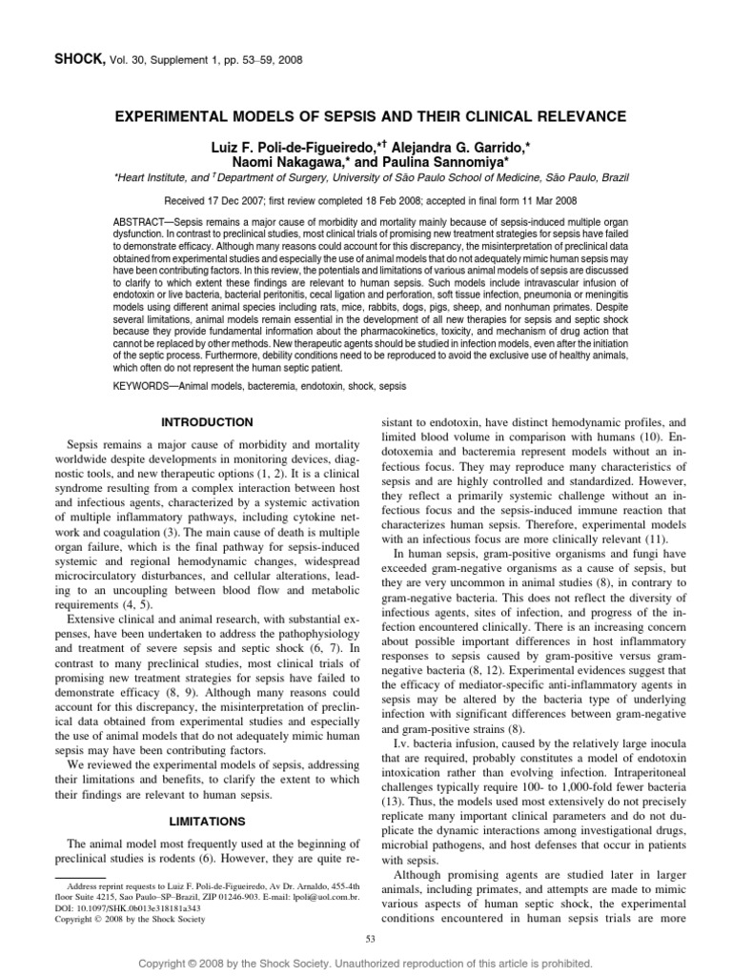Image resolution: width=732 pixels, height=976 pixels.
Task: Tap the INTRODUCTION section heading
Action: pyautogui.click(x=207, y=421)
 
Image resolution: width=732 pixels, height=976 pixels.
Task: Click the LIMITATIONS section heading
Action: pyautogui.click(x=207, y=821)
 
